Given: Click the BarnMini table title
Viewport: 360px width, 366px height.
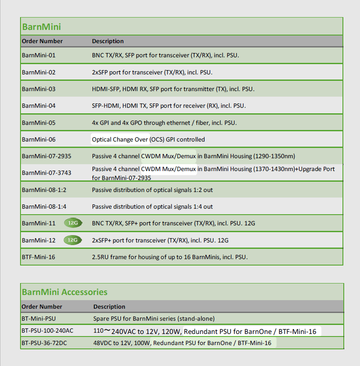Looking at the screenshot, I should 41,27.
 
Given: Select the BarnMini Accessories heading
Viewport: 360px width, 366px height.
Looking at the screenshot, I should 64,292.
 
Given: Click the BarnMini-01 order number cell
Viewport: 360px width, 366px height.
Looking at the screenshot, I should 38,56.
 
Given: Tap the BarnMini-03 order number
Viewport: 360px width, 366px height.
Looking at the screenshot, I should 38,89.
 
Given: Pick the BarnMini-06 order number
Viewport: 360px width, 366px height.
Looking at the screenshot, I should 38,139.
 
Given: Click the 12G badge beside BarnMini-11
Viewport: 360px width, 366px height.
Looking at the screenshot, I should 73,223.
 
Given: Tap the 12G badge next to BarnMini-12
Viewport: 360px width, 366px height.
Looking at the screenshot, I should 72,240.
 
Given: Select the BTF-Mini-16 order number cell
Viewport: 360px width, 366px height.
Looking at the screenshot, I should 38,257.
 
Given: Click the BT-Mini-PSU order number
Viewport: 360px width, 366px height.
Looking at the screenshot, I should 39,319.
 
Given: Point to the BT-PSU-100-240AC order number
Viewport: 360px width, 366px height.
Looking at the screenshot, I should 47,331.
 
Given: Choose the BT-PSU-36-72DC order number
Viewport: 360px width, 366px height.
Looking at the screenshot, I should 44,343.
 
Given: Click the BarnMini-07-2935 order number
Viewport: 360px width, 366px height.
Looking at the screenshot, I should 47,156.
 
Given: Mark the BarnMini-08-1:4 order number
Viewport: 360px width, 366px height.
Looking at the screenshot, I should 44,207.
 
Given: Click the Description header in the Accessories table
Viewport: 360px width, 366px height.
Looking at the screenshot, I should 109,307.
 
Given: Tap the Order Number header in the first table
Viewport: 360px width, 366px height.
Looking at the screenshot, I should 42,41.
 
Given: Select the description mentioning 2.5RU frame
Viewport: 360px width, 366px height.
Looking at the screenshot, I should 170,257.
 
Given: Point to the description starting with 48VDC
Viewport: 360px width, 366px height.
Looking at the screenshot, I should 182,343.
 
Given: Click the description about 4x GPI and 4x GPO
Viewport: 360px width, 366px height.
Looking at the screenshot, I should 164,123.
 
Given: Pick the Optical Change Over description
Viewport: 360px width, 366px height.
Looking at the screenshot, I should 148,139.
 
